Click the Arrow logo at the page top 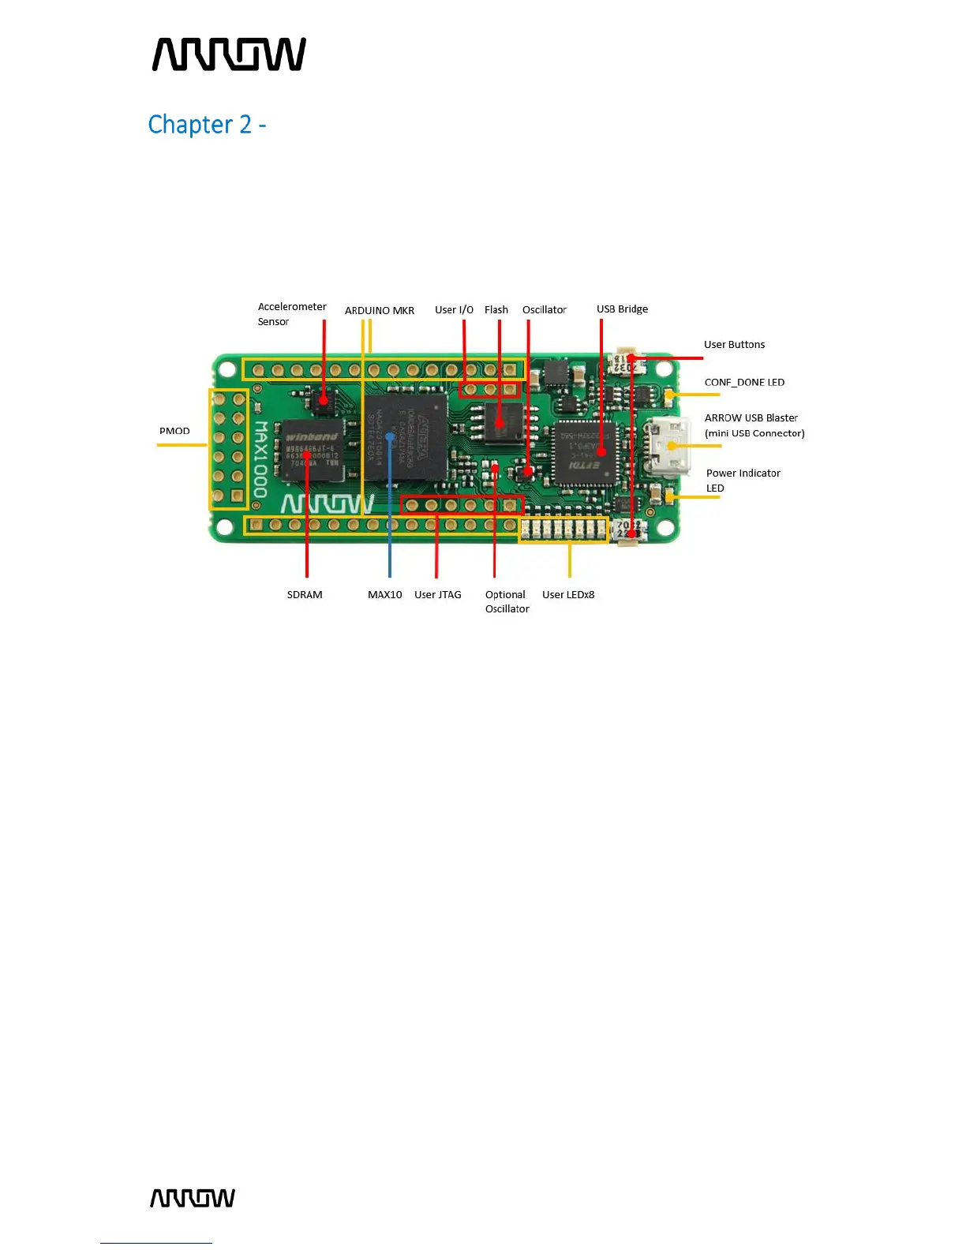coord(229,54)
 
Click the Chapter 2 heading coord(207,125)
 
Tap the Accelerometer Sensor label coord(291,314)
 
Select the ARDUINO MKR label coord(379,311)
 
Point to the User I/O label coord(454,310)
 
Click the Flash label coord(496,310)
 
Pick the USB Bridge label coord(622,309)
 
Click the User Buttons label coord(734,345)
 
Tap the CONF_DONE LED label coord(744,383)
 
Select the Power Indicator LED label coord(743,481)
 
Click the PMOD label coord(174,431)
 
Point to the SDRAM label coord(305,595)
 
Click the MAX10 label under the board coord(384,595)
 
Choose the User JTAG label coord(437,595)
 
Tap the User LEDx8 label coord(568,595)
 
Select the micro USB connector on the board coord(668,447)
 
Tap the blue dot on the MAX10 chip coord(390,436)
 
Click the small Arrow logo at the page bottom coord(193,1198)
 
